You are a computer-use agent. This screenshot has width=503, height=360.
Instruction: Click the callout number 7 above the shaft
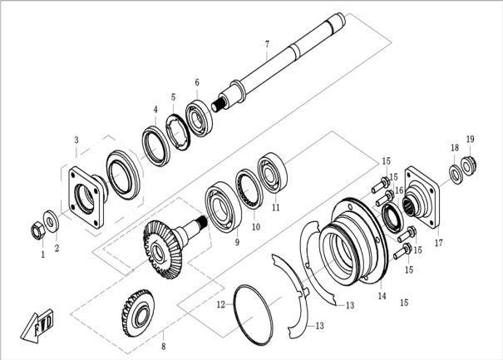point(267,43)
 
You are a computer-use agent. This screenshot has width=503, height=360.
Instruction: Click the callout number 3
point(76,140)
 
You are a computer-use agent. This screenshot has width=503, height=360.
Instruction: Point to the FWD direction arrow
point(36,325)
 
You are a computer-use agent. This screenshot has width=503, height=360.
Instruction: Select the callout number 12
point(221,304)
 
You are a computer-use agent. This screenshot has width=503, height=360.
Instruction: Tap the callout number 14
point(382,296)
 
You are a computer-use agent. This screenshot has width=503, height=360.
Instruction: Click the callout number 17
point(438,244)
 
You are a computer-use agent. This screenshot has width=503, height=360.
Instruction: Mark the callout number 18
point(455,147)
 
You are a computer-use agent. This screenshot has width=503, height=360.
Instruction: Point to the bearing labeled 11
point(272,171)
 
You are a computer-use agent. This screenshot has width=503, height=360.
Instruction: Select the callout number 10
point(256,226)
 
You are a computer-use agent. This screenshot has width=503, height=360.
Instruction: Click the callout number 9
point(237,242)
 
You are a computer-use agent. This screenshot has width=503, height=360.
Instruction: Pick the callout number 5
point(173,96)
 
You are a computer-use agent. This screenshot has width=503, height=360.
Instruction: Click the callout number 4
point(155,109)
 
